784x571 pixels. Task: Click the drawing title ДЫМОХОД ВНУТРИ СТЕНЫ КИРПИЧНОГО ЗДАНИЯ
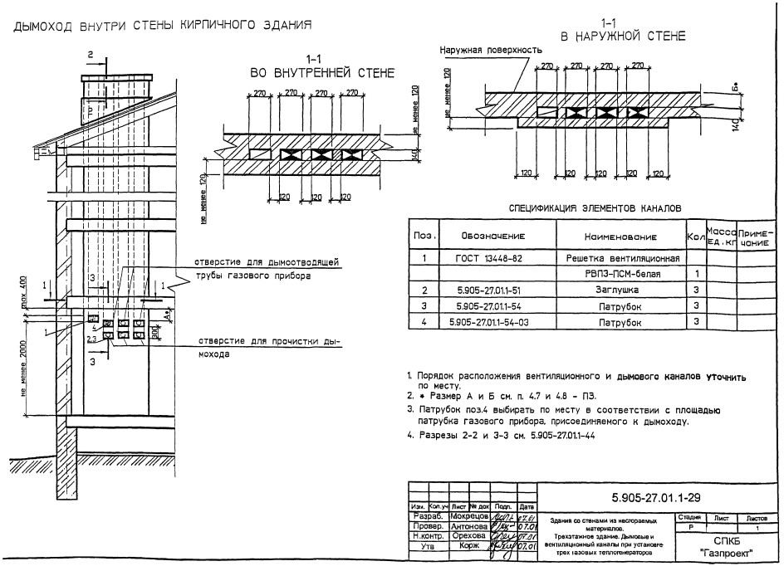pos(162,24)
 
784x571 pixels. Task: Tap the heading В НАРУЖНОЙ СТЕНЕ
pos(623,36)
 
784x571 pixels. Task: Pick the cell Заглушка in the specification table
pos(621,290)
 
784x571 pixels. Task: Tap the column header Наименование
pos(621,237)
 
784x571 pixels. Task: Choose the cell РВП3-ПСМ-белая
pos(621,274)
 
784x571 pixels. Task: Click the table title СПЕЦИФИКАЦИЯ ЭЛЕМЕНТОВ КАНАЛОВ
pos(595,207)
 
